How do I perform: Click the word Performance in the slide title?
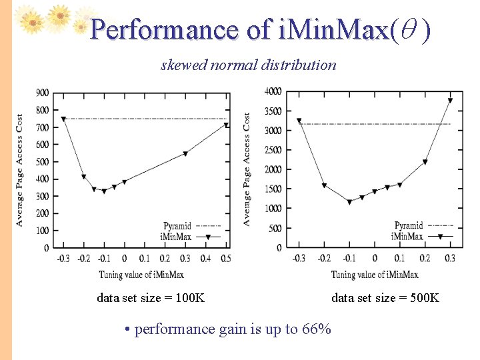(163, 30)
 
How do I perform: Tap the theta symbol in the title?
(409, 30)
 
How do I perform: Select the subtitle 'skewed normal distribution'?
(248, 65)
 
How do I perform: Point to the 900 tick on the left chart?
(42, 93)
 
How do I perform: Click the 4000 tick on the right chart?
(273, 91)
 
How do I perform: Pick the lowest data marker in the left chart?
(104, 191)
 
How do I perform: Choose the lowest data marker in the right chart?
(349, 202)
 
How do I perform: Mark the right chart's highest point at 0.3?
(450, 101)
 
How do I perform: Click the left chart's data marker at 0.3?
(185, 153)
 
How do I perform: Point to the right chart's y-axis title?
(247, 169)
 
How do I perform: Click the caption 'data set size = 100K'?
(151, 298)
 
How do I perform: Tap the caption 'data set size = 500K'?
(385, 298)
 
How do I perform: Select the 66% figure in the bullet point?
(317, 329)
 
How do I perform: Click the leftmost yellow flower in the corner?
(31, 21)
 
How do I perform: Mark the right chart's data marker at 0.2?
(425, 162)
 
